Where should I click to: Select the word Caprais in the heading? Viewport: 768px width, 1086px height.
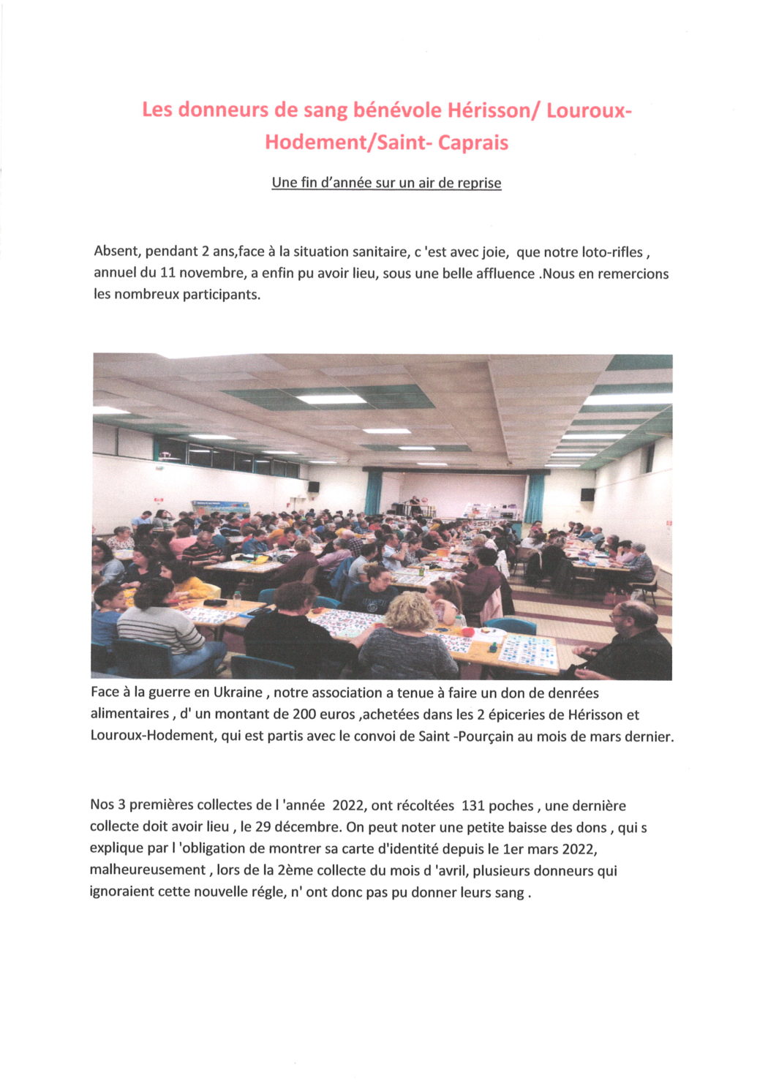coord(473,142)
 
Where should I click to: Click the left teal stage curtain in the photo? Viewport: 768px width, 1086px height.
coord(374,492)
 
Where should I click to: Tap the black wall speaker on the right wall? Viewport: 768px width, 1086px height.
coord(587,494)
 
